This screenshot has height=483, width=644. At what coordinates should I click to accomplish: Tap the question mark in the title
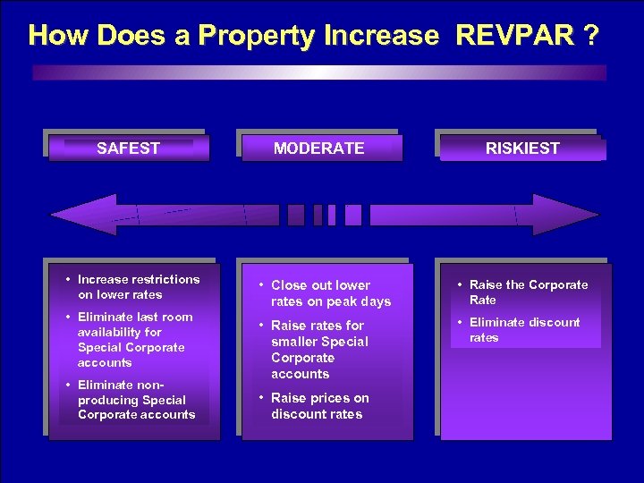coord(589,36)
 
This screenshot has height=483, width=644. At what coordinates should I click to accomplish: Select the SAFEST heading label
coord(128,148)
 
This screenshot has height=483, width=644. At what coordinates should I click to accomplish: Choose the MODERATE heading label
coord(318,148)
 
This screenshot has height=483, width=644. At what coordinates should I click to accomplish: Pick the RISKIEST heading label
coord(522,148)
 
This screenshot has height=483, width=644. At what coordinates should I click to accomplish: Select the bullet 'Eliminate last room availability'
coord(134,339)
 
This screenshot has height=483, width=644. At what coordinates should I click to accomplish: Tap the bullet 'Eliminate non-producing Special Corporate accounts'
coord(135,400)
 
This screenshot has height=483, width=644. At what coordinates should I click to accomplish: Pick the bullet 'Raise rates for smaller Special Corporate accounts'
coord(318,350)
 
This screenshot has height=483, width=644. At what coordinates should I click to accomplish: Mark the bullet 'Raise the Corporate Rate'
coord(528,292)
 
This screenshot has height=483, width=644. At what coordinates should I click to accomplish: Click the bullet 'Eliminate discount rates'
coord(524,330)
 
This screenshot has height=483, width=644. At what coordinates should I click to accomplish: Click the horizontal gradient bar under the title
coord(319,72)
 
